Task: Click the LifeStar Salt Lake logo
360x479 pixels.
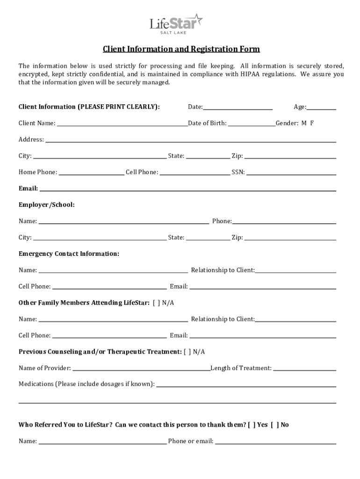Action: pyautogui.click(x=176, y=24)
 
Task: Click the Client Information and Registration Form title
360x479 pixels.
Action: pyautogui.click(x=181, y=49)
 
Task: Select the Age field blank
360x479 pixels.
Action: pyautogui.click(x=321, y=108)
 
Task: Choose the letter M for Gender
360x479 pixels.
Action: pyautogui.click(x=304, y=123)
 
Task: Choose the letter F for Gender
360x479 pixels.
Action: pyautogui.click(x=312, y=123)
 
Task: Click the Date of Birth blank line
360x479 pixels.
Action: pyautogui.click(x=252, y=124)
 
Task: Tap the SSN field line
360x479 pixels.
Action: pyautogui.click(x=291, y=173)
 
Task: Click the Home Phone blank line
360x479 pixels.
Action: pyautogui.click(x=92, y=173)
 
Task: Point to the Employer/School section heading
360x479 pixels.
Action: pyautogui.click(x=46, y=205)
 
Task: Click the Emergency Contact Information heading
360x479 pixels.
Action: pyautogui.click(x=69, y=254)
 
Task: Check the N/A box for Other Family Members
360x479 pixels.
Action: pyautogui.click(x=156, y=303)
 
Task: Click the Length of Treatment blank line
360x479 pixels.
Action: pyautogui.click(x=304, y=369)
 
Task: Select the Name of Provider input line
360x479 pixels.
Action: pyautogui.click(x=141, y=369)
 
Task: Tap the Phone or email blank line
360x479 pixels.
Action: pyautogui.click(x=275, y=442)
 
